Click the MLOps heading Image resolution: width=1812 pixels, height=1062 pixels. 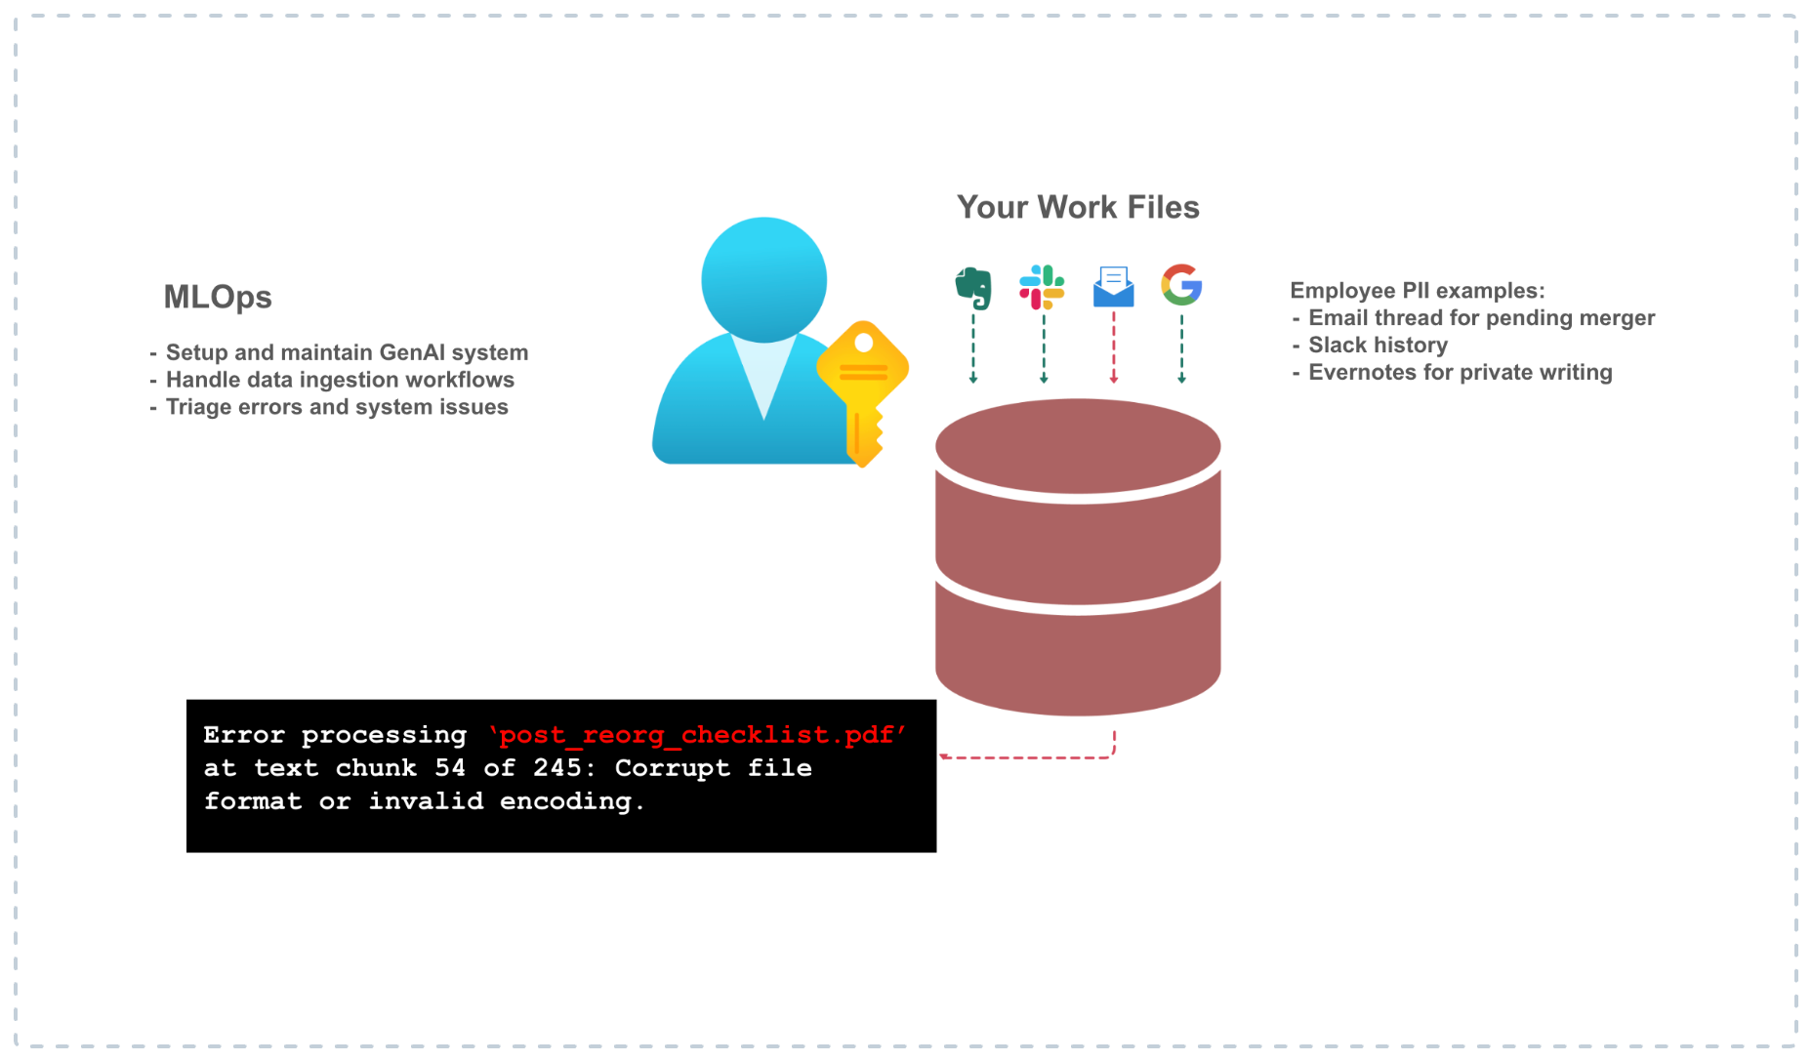coord(218,297)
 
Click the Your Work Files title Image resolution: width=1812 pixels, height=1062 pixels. coord(1078,207)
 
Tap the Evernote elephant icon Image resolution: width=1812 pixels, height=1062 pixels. coord(973,287)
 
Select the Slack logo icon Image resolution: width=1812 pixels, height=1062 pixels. coord(1042,287)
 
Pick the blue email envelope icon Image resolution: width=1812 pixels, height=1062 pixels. coord(1113,287)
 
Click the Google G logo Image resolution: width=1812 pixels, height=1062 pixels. coord(1181,285)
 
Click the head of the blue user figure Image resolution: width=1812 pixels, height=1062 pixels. coord(763,279)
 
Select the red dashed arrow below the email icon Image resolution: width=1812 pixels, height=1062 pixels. coord(1114,347)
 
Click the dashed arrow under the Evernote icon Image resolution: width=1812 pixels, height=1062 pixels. coord(973,347)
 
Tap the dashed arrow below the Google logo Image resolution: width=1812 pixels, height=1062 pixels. coord(1181,347)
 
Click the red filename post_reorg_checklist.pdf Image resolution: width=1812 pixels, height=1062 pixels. coord(697,735)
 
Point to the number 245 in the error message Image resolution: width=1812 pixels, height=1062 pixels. coord(557,768)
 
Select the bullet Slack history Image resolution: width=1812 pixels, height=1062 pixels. coord(1378,345)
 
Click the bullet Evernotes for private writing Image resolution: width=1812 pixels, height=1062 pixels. coord(1460,372)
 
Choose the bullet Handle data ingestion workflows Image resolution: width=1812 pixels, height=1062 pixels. coord(340,380)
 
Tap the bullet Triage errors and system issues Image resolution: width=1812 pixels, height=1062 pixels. coord(337,407)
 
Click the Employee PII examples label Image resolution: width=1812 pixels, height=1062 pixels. coord(1417,290)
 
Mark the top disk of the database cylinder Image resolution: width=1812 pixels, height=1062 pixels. coord(1078,446)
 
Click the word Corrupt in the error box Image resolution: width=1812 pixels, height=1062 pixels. coord(672,768)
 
